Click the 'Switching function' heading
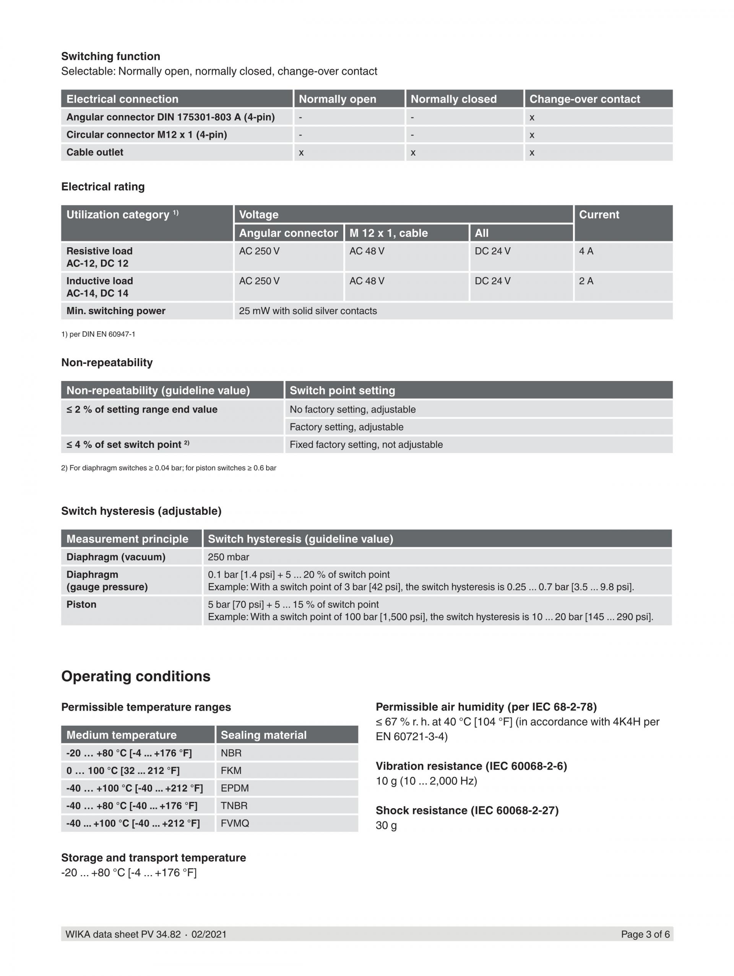[110, 57]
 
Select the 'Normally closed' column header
[453, 99]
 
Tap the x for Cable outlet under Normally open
[301, 152]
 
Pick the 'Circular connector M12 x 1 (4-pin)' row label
[146, 135]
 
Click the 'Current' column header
[599, 215]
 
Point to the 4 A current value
[586, 251]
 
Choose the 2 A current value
[586, 281]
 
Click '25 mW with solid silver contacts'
[308, 311]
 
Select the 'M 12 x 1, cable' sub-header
[388, 233]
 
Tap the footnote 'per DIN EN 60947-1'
[98, 334]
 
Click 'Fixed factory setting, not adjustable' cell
[366, 445]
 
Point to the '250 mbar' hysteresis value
[228, 557]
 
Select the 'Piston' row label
[81, 605]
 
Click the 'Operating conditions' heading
[135, 676]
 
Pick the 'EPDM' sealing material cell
[234, 788]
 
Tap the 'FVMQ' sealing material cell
[234, 824]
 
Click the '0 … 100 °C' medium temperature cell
[123, 771]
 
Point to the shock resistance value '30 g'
[386, 825]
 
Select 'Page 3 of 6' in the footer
[645, 934]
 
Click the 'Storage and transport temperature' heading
[153, 858]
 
